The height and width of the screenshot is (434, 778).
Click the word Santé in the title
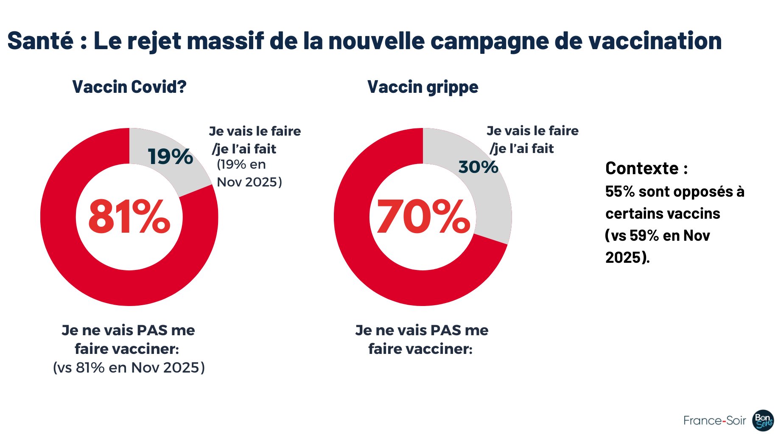(x=41, y=41)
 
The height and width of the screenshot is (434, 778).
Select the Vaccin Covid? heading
(x=129, y=87)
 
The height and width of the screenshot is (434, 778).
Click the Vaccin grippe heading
(x=423, y=87)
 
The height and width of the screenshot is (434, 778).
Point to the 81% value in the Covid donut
(x=129, y=217)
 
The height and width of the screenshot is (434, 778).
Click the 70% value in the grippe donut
(x=423, y=217)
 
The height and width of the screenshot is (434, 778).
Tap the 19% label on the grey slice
(x=170, y=156)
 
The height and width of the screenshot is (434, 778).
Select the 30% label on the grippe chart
(x=478, y=167)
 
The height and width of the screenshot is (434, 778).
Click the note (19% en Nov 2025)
(x=249, y=173)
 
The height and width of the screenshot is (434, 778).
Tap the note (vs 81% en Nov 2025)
(x=129, y=367)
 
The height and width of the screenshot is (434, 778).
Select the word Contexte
(x=642, y=168)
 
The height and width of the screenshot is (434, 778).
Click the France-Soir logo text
(x=714, y=420)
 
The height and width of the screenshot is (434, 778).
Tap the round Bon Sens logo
(x=763, y=420)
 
